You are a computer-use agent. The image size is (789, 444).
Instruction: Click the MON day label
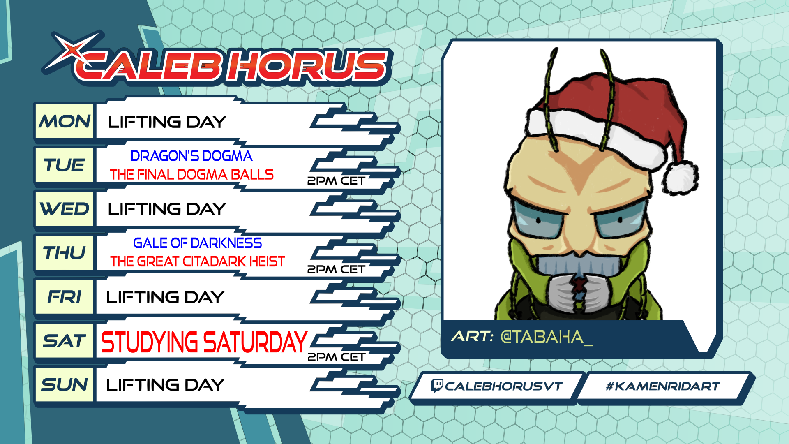65,121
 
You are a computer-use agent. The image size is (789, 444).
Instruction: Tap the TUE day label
65,165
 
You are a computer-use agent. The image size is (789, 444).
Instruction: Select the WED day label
65,209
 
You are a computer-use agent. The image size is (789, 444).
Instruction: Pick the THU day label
65,253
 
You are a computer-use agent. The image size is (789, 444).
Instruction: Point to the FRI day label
65,297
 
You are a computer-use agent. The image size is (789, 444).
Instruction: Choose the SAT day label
65,341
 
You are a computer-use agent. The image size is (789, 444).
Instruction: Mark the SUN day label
65,385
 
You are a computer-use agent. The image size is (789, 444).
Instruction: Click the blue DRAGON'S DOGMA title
191,156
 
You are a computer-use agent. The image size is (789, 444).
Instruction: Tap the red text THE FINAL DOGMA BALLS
191,174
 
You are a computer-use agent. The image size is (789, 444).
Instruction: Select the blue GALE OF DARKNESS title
197,243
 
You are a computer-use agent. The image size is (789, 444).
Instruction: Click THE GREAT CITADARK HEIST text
197,261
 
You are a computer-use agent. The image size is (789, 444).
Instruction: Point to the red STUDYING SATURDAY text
204,342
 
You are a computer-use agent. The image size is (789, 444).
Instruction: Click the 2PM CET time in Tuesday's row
336,181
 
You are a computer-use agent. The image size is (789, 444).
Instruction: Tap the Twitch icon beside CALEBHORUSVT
436,386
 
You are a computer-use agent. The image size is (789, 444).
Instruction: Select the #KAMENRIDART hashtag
663,386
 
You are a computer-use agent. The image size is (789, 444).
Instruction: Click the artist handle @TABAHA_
547,337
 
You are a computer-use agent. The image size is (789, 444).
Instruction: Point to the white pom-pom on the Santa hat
680,178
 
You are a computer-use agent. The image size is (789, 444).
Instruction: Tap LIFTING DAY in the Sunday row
165,385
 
